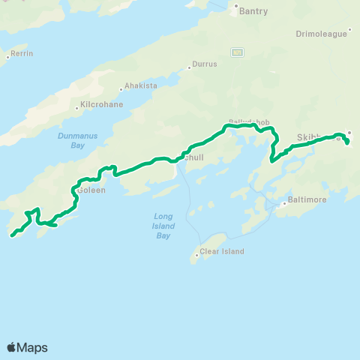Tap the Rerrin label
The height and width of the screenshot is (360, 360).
click(22, 54)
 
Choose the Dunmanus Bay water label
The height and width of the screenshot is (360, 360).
click(71, 140)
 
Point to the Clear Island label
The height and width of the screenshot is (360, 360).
click(223, 251)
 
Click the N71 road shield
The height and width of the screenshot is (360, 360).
click(237, 52)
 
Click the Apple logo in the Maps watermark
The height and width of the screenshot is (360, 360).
click(12, 347)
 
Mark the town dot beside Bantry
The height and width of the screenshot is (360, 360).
click(236, 10)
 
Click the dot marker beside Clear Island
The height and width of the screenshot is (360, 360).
click(197, 254)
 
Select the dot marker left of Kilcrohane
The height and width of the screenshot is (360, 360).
click(77, 107)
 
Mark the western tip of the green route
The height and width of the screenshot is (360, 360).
click(12, 236)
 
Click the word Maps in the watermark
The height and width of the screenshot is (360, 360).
click(32, 347)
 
